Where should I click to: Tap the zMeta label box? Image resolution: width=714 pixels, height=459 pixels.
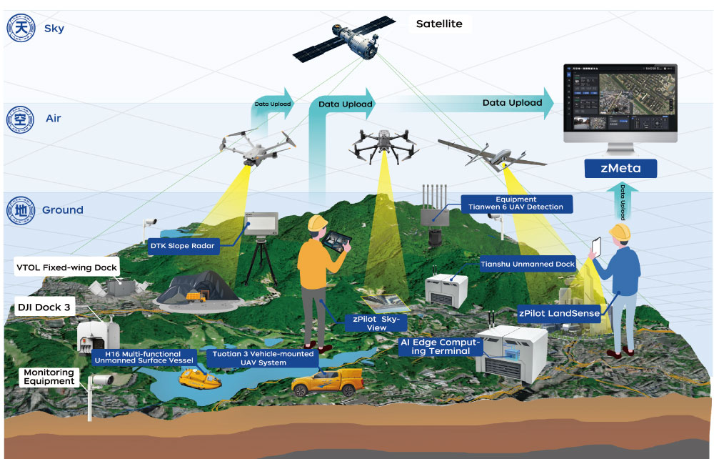click(x=620, y=169)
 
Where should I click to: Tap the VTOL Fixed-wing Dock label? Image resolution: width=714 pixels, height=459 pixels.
click(x=66, y=268)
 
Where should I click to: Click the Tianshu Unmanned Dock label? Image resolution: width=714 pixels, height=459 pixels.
click(x=528, y=264)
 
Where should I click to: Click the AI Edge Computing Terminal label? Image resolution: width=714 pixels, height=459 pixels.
click(x=440, y=347)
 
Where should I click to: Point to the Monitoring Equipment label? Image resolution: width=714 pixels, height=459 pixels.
click(x=49, y=377)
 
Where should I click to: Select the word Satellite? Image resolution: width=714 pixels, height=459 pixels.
click(x=439, y=24)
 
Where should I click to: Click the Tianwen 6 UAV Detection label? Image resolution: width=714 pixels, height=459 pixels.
click(x=516, y=204)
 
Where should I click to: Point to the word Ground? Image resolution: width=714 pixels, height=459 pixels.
click(x=63, y=210)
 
